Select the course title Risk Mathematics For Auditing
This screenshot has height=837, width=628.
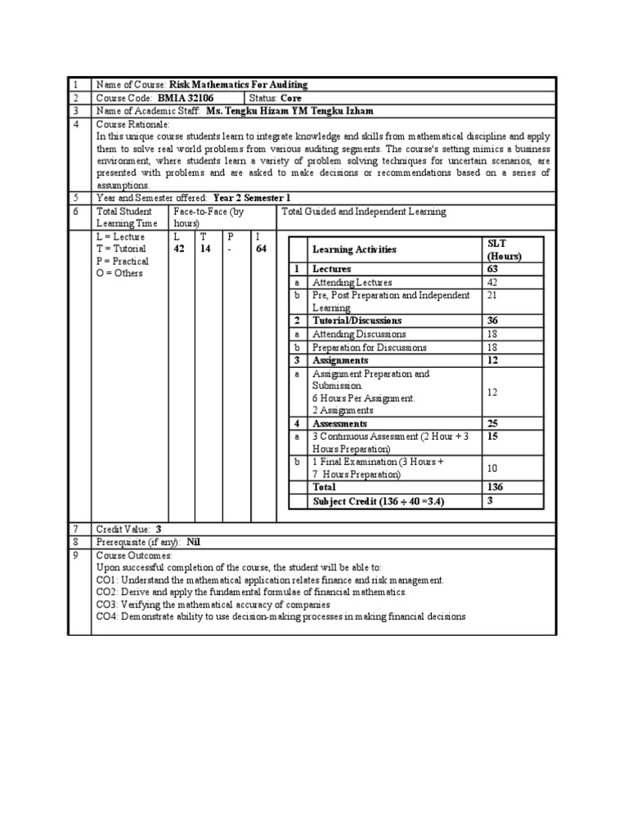239,85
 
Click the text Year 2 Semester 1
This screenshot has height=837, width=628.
252,198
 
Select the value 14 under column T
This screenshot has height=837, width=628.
206,249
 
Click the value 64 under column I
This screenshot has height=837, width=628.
261,249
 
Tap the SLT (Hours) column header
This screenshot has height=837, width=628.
504,249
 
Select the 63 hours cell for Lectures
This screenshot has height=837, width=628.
493,269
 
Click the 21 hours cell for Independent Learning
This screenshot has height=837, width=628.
493,295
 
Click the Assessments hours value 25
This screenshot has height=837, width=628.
493,424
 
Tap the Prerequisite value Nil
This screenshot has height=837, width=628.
193,542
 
